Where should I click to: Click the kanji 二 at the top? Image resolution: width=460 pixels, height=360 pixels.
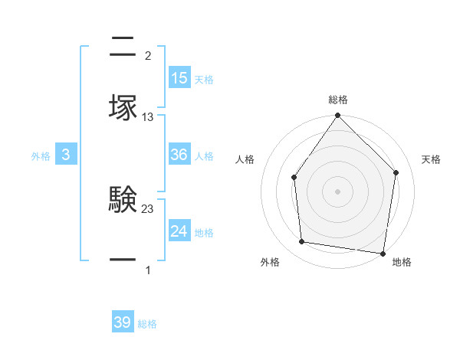tap(123, 46)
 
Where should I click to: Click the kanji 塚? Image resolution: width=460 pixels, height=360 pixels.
tap(123, 107)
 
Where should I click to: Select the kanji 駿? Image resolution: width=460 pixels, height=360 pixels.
tap(123, 200)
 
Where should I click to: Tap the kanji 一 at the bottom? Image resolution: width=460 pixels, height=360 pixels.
tap(123, 260)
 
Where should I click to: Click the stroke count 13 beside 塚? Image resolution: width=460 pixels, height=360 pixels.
tap(148, 117)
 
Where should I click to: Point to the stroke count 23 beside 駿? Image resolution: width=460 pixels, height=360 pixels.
tap(148, 209)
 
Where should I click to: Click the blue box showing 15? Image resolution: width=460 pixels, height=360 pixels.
tap(179, 78)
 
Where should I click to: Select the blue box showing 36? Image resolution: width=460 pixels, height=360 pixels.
tap(179, 155)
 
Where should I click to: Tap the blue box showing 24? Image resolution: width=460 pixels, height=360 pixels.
tap(179, 231)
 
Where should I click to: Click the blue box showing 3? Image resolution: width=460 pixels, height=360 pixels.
tap(66, 155)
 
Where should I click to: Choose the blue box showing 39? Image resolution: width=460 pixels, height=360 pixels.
tap(123, 322)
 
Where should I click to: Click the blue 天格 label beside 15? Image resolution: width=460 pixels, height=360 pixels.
tap(204, 80)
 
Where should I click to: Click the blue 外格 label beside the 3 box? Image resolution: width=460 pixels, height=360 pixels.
tap(41, 156)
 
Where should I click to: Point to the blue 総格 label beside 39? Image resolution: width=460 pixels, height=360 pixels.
tap(147, 324)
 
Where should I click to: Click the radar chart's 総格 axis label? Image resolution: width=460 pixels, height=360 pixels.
tap(338, 100)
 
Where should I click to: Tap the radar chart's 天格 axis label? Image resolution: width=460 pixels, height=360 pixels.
tap(432, 159)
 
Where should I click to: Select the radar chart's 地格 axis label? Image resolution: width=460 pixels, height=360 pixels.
tap(402, 262)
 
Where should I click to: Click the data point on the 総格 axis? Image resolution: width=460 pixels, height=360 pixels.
tap(337, 116)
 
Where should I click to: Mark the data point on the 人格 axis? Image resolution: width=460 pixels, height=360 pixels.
tap(294, 178)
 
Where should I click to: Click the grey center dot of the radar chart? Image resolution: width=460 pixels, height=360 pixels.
tap(337, 191)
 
